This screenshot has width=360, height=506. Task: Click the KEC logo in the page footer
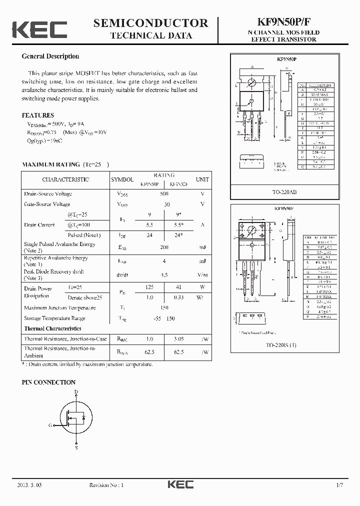click(x=179, y=484)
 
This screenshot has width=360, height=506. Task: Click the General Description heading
click(x=50, y=56)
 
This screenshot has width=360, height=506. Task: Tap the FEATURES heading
click(x=38, y=114)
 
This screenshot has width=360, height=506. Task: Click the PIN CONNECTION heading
click(x=48, y=382)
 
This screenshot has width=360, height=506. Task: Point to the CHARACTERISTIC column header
click(x=65, y=179)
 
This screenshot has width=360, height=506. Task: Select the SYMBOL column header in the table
click(x=122, y=179)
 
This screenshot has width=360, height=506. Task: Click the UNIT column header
click(x=202, y=179)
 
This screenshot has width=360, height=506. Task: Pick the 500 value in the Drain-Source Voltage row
click(x=164, y=193)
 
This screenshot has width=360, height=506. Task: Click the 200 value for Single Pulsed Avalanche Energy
click(x=164, y=247)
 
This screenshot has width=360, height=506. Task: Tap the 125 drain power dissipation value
click(x=149, y=288)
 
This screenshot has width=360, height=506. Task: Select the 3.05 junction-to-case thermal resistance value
click(x=178, y=339)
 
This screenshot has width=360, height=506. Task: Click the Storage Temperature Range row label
click(x=54, y=318)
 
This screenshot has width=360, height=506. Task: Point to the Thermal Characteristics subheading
click(x=52, y=328)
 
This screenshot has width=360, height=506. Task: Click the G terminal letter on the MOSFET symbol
click(x=50, y=425)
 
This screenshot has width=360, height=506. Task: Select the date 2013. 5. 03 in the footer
click(x=33, y=485)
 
